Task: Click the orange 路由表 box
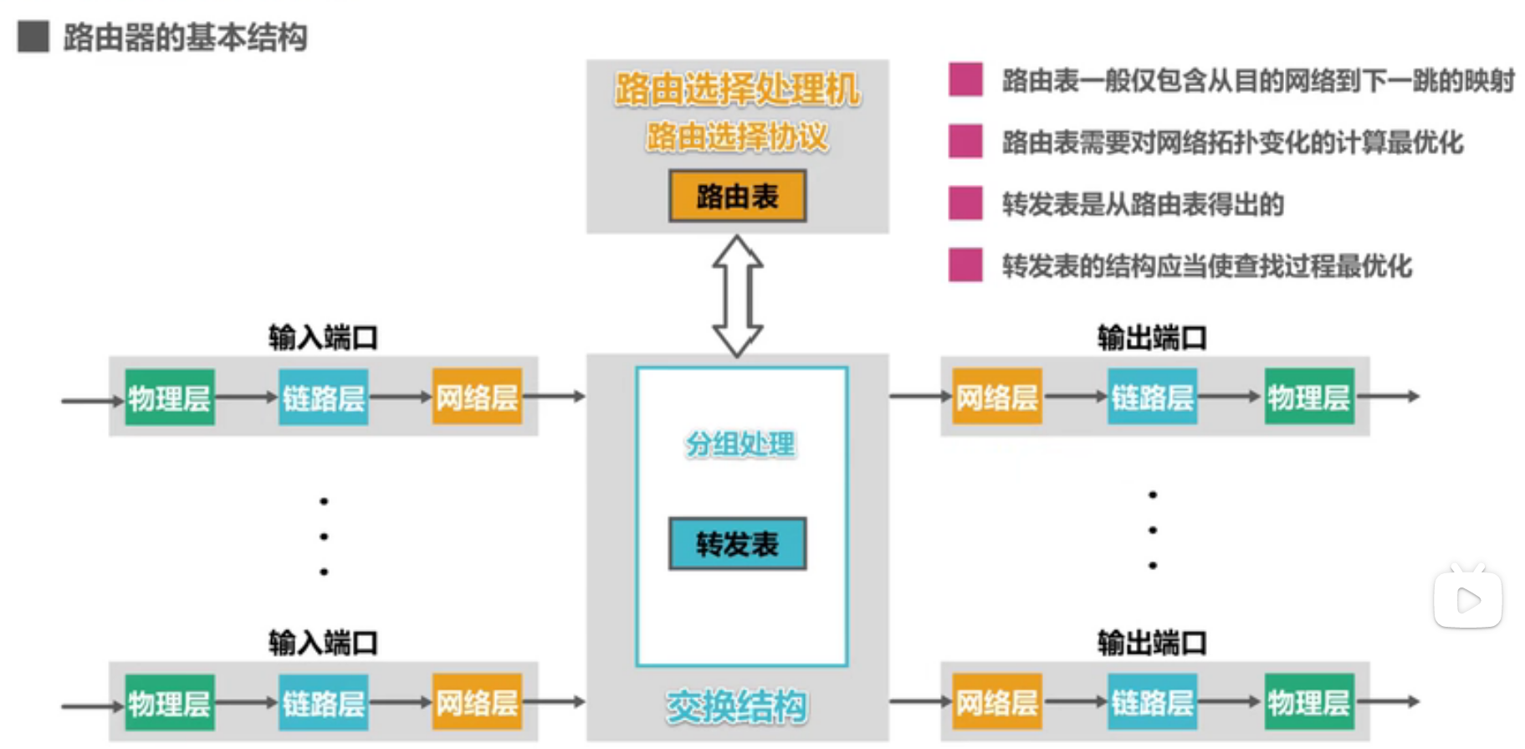pyautogui.click(x=737, y=197)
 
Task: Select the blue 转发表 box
pyautogui.click(x=737, y=544)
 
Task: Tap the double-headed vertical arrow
pyautogui.click(x=737, y=295)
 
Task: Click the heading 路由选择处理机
pyautogui.click(x=737, y=90)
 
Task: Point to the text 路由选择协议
pyautogui.click(x=737, y=136)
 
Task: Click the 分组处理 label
pyautogui.click(x=740, y=444)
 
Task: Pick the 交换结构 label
pyautogui.click(x=737, y=706)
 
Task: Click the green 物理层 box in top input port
pyautogui.click(x=170, y=398)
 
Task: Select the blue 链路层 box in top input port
pyautogui.click(x=324, y=398)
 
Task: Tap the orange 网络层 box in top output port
pyautogui.click(x=997, y=397)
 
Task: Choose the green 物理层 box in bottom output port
pyautogui.click(x=1309, y=702)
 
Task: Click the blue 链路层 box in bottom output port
pyautogui.click(x=1152, y=702)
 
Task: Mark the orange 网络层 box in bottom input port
pyautogui.click(x=478, y=702)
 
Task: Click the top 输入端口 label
pyautogui.click(x=323, y=337)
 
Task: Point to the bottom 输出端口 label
pyautogui.click(x=1152, y=643)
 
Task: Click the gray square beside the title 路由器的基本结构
pyautogui.click(x=33, y=37)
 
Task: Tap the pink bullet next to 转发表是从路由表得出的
pyautogui.click(x=965, y=203)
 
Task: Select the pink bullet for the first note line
pyautogui.click(x=965, y=80)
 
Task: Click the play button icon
pyautogui.click(x=1468, y=599)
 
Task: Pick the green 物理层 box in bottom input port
pyautogui.click(x=170, y=703)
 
